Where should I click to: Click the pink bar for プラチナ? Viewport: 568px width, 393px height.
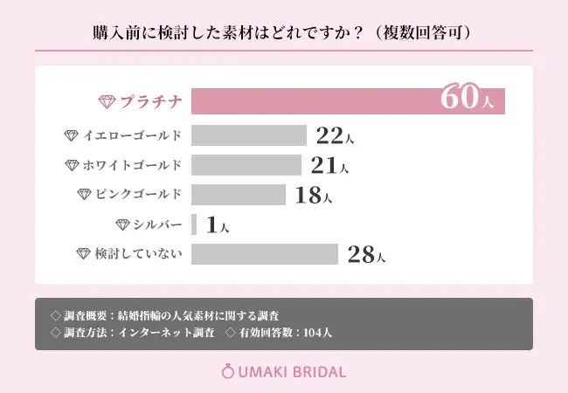pyautogui.click(x=348, y=100)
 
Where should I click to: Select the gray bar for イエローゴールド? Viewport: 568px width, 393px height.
pyautogui.click(x=248, y=135)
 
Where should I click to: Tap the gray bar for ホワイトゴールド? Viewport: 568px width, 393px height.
pyautogui.click(x=246, y=165)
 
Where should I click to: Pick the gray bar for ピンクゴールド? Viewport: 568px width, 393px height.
pyautogui.click(x=238, y=195)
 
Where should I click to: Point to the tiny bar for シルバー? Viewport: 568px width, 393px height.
pyautogui.click(x=194, y=224)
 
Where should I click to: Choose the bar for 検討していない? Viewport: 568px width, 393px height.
pyautogui.click(x=264, y=254)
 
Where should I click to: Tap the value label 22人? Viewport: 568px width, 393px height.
pyautogui.click(x=336, y=136)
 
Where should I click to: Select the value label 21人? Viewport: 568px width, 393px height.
pyautogui.click(x=330, y=166)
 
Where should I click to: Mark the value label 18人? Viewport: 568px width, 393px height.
pyautogui.click(x=313, y=196)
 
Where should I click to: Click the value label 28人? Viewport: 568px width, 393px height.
pyautogui.click(x=365, y=255)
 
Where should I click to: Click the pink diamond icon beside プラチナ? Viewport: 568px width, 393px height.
pyautogui.click(x=106, y=101)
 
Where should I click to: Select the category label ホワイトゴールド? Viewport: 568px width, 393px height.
pyautogui.click(x=133, y=165)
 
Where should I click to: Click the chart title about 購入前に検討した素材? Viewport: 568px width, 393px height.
pyautogui.click(x=283, y=33)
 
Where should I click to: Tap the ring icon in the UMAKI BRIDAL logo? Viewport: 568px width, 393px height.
pyautogui.click(x=228, y=371)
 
